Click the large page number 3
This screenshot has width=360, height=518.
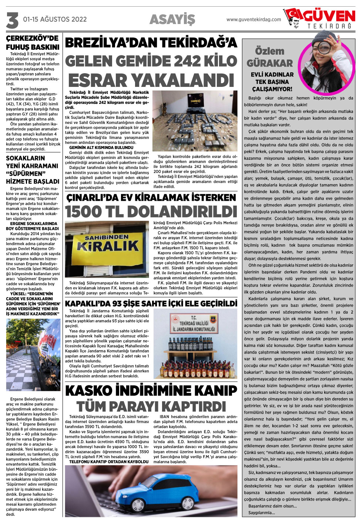(x=12, y=20)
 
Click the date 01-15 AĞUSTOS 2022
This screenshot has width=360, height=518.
(x=55, y=19)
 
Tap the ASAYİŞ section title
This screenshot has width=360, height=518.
(x=172, y=20)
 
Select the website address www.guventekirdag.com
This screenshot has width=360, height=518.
(x=253, y=20)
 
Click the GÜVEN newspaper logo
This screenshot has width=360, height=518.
(x=320, y=18)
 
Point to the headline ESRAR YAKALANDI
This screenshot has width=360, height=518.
(x=151, y=81)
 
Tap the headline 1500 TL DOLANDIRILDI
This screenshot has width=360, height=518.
(x=151, y=212)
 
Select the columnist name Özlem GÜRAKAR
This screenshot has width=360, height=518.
(x=269, y=57)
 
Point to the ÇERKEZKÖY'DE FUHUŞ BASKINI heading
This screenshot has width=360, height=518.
(x=33, y=43)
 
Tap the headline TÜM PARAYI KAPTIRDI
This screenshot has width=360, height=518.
(x=151, y=406)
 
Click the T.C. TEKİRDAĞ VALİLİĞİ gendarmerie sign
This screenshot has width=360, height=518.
(x=193, y=324)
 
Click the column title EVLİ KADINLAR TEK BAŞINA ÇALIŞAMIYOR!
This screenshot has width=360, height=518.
(x=272, y=82)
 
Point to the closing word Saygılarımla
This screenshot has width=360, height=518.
(x=261, y=512)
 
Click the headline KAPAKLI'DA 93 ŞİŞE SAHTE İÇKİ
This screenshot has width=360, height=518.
(x=151, y=304)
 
